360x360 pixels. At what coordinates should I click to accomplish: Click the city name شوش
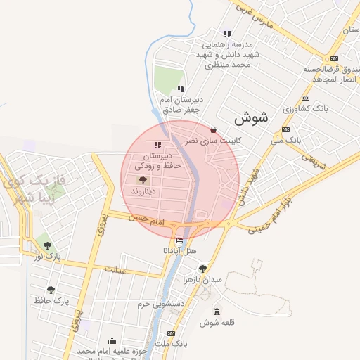[x=250, y=117]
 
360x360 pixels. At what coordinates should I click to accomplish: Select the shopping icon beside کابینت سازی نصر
[x=213, y=129]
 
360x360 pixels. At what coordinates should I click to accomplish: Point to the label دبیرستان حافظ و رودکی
[x=162, y=160]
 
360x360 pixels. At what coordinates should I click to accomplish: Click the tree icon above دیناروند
[x=143, y=180]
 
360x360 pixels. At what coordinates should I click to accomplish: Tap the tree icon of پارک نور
[x=47, y=245]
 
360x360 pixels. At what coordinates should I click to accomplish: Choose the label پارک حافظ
[x=51, y=300]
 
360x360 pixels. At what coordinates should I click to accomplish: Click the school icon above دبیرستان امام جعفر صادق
[x=181, y=89]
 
